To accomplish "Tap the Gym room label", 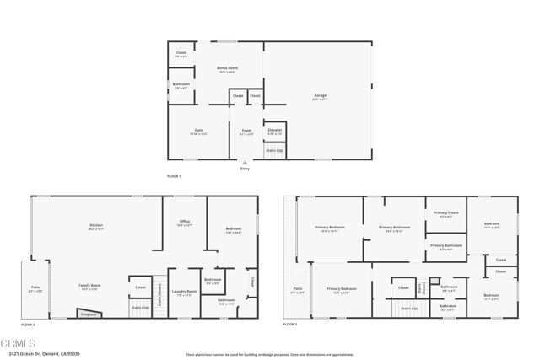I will coord(198,131).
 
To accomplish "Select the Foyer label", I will coord(246,131).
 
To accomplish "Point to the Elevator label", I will coord(274,130).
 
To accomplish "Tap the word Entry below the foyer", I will coord(245,169).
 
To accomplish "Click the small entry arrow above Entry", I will coord(245,162).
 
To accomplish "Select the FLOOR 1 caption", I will coord(174,175).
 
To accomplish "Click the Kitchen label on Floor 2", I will coord(96,226).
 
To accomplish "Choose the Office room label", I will coord(184,223).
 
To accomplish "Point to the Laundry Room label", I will coord(184,293).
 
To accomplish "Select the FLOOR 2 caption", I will coord(28,324).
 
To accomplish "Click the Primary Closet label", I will coord(445,213).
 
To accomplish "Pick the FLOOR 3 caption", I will coord(290,324).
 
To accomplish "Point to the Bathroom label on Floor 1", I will coord(181,84).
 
